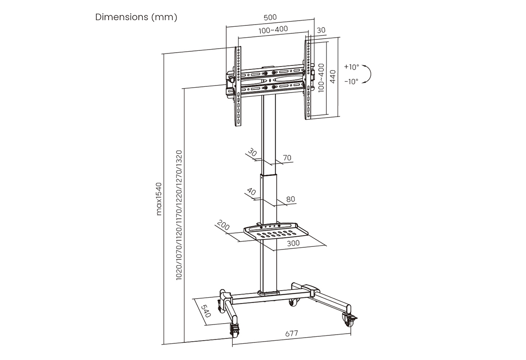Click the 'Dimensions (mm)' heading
[136, 18]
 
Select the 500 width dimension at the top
[270, 18]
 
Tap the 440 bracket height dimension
[333, 77]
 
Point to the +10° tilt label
[351, 67]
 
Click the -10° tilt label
[351, 81]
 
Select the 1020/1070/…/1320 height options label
[179, 215]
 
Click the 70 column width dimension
[287, 158]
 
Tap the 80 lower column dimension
[290, 200]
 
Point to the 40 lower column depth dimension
[251, 192]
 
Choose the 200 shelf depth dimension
[223, 227]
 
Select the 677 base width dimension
[291, 334]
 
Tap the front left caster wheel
[234, 329]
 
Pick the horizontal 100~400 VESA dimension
[273, 29]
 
